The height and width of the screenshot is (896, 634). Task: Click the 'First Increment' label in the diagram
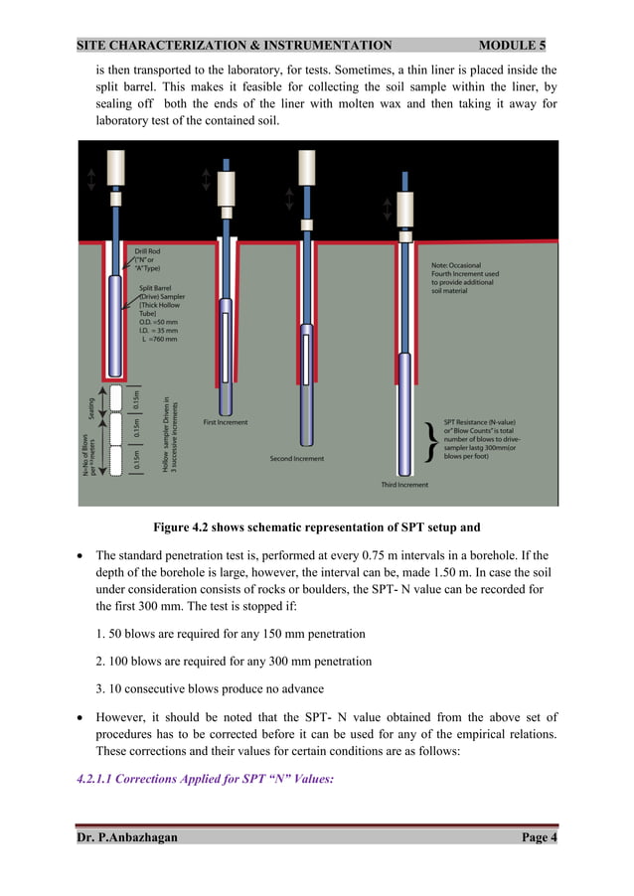226,422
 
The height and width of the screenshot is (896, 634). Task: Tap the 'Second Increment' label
296,458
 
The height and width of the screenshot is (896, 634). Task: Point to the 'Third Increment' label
404,485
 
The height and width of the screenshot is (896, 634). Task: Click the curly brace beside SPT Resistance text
428,441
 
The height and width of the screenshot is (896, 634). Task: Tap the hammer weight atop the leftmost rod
115,165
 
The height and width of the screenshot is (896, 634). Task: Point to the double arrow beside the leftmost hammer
91,178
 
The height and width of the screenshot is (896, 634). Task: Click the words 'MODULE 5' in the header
511,45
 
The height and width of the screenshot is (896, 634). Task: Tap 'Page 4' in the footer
540,837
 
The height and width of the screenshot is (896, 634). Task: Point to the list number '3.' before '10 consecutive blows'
100,688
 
